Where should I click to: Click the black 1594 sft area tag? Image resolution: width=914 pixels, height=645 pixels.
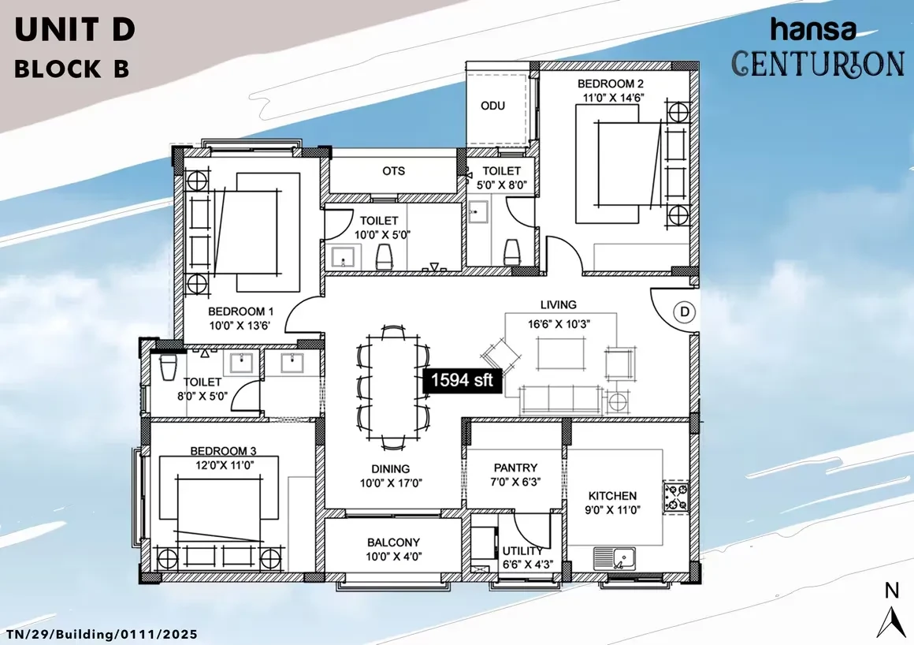click(463, 381)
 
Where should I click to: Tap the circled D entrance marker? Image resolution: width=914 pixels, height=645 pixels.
click(685, 312)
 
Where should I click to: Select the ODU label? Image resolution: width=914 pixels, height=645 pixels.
click(492, 106)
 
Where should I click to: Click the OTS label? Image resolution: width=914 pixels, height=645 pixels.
click(393, 171)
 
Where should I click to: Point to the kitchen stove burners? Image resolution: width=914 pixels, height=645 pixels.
click(676, 498)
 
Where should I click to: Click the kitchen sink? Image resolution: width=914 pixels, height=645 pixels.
click(615, 558)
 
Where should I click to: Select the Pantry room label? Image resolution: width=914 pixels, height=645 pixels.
click(515, 468)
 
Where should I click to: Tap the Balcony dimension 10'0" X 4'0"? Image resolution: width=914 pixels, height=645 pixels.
click(393, 557)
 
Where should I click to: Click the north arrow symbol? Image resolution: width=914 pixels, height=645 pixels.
click(891, 622)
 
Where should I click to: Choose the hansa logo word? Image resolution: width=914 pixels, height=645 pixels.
click(813, 30)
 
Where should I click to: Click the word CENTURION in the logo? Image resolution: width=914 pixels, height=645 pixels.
click(818, 64)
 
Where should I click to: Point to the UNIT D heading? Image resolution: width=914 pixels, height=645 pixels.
click(75, 30)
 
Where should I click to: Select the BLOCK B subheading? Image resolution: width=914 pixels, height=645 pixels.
click(72, 69)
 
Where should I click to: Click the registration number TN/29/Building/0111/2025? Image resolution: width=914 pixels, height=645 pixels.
click(102, 634)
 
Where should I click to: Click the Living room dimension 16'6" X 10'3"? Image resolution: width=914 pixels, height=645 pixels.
click(559, 324)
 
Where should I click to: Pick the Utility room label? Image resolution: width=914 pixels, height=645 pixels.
click(522, 550)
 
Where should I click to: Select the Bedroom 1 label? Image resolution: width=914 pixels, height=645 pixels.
click(241, 311)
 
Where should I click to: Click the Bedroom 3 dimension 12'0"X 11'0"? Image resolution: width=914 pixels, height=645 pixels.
click(225, 464)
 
